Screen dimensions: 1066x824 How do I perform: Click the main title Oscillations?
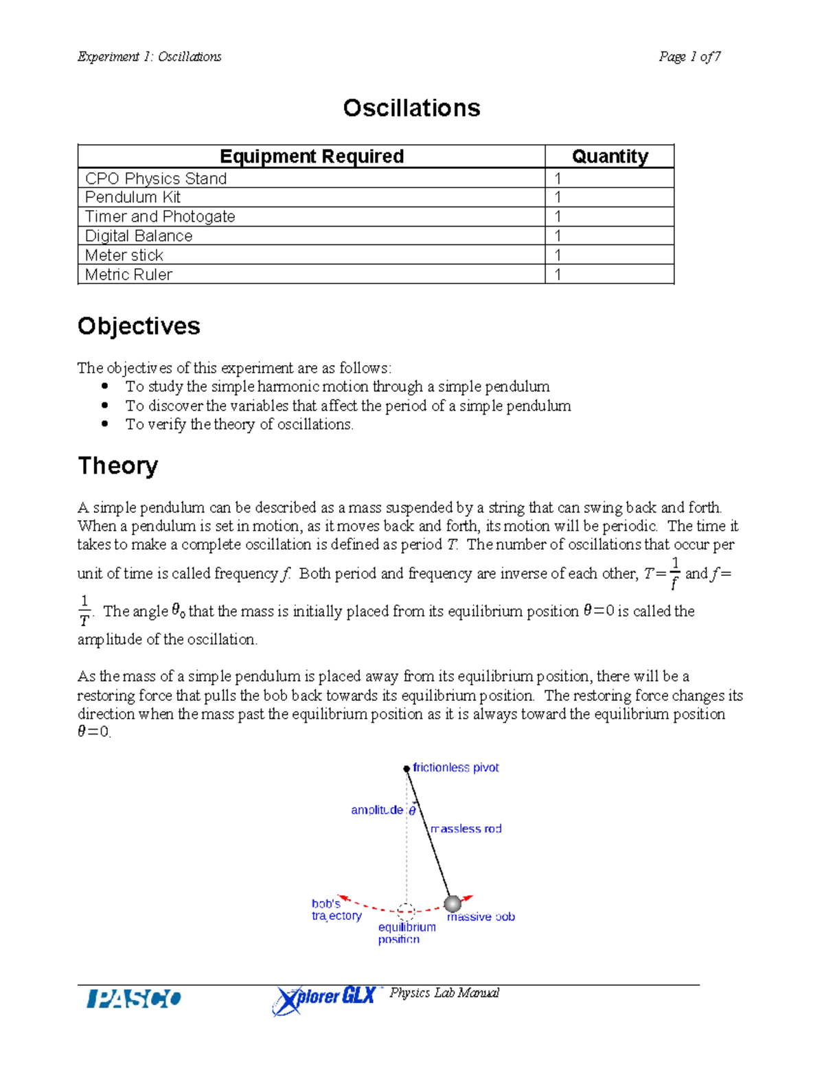(411, 108)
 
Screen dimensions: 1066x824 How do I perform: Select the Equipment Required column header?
(311, 157)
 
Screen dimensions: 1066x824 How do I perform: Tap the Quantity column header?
(610, 157)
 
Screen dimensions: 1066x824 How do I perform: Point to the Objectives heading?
(139, 326)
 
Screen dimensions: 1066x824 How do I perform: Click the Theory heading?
(117, 465)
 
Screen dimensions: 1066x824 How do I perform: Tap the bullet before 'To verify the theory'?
(105, 424)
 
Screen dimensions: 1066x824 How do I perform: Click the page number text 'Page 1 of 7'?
(689, 57)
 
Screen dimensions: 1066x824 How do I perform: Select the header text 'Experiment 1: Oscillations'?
(149, 57)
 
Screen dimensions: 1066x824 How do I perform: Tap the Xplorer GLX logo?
(324, 999)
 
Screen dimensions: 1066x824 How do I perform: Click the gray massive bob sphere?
(453, 903)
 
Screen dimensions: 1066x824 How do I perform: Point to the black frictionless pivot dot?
(407, 769)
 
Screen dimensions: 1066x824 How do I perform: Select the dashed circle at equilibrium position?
(407, 912)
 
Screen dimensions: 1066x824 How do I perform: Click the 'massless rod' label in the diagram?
(466, 829)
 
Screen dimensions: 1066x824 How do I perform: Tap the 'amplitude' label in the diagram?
(377, 810)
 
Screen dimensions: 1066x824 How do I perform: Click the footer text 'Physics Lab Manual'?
(444, 993)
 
